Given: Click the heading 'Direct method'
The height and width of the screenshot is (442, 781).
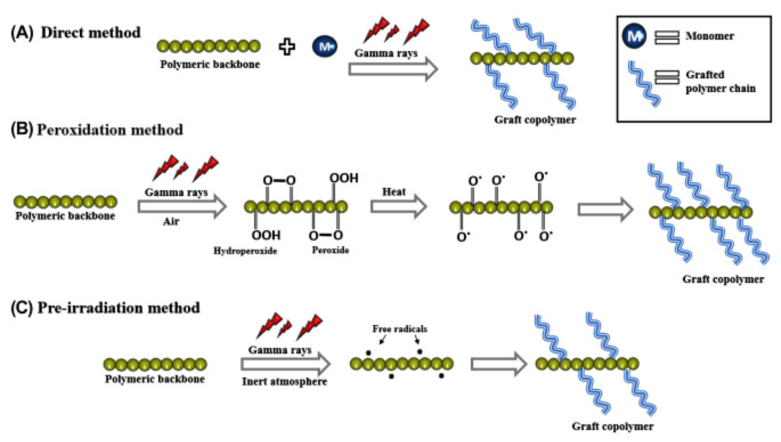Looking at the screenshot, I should (91, 33).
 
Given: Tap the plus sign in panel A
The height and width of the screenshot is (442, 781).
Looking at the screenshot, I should (287, 47).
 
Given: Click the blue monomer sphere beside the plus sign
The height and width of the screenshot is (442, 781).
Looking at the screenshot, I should (325, 46).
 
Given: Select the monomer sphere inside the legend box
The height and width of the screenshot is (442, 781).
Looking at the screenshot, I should (634, 36).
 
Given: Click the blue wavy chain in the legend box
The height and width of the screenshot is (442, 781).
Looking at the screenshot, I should (644, 84).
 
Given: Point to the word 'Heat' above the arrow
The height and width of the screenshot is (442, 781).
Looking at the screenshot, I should (394, 192).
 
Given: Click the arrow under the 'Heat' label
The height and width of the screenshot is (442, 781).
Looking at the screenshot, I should (398, 206).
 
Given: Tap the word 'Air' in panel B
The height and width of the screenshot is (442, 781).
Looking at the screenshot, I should (171, 221).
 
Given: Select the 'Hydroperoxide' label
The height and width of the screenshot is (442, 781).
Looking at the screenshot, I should (245, 251).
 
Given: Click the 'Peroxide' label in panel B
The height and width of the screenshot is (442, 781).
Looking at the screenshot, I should (330, 250).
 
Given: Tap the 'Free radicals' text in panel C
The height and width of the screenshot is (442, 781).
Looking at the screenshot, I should (399, 329).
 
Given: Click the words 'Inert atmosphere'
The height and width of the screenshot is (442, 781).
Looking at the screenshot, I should (285, 381).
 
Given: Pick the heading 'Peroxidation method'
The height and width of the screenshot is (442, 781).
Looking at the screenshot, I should (110, 130).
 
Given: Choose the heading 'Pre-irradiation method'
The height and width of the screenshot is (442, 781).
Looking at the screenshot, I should (119, 307).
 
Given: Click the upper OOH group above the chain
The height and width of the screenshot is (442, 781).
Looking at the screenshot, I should (344, 178).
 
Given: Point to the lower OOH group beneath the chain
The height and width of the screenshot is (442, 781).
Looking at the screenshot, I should (266, 235).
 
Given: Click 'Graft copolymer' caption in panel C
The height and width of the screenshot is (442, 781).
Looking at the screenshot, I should (612, 426).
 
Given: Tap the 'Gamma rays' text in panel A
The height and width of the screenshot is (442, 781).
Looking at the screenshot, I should (386, 53).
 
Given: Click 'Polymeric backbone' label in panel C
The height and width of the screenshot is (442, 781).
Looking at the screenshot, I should (154, 379).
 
